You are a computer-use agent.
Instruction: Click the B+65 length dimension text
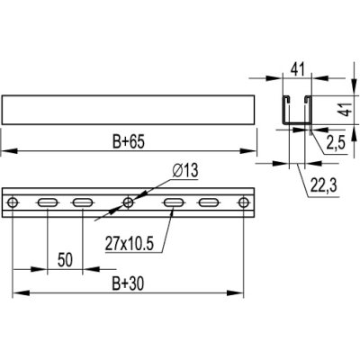pos(129,141)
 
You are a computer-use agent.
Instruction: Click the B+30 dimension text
pos(128,283)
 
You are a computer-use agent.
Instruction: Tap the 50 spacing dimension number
pos(65,260)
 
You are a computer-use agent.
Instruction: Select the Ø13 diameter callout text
pos(185,171)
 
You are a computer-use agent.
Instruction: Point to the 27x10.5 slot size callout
pos(130,244)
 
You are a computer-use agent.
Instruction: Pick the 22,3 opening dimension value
pos(323,186)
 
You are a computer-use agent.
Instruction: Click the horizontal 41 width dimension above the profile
pos(297,69)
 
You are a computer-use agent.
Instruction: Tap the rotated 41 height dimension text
pos(347,109)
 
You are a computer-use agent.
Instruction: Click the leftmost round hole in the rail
pos(13,202)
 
